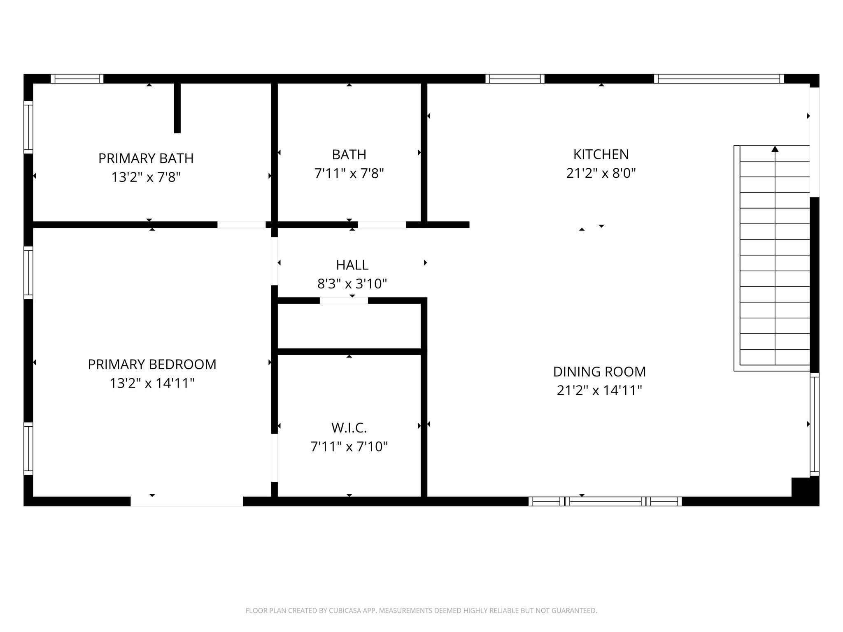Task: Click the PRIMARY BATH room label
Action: click(146, 158)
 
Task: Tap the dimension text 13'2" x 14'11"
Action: click(152, 383)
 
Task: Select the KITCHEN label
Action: click(601, 155)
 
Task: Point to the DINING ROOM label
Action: click(599, 372)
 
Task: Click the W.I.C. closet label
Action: click(349, 428)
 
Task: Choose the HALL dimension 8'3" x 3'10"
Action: click(352, 284)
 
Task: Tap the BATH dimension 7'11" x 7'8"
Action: click(349, 174)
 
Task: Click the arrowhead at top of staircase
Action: click(775, 149)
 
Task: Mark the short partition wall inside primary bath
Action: click(177, 108)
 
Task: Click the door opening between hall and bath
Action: click(382, 225)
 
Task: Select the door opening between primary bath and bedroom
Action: click(241, 225)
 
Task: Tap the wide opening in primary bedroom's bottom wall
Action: click(186, 501)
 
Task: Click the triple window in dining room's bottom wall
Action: click(605, 501)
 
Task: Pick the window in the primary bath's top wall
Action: click(77, 79)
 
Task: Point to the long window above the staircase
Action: click(719, 79)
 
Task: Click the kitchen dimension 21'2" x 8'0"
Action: click(601, 174)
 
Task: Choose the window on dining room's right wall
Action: click(814, 424)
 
